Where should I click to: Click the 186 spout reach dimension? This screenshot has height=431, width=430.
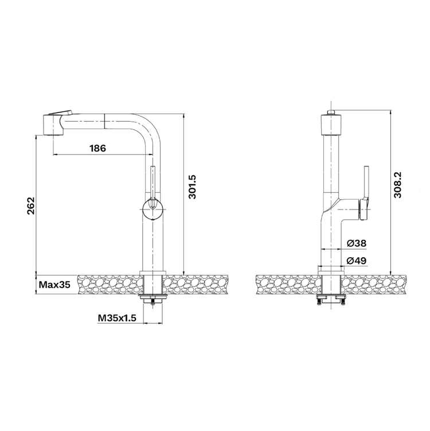pyautogui.click(x=97, y=149)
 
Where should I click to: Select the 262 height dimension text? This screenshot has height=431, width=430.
pyautogui.click(x=31, y=206)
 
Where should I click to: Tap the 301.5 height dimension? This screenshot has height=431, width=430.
pyautogui.click(x=192, y=187)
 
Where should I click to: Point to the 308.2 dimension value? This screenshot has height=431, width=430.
pyautogui.click(x=397, y=185)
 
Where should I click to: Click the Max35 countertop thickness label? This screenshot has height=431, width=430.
pyautogui.click(x=54, y=285)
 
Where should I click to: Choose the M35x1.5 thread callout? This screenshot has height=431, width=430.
pyautogui.click(x=117, y=319)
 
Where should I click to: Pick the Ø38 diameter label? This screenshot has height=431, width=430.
pyautogui.click(x=357, y=243)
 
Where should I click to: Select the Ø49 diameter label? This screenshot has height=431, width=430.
pyautogui.click(x=357, y=261)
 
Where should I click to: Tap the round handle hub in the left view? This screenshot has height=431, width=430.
pyautogui.click(x=153, y=209)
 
